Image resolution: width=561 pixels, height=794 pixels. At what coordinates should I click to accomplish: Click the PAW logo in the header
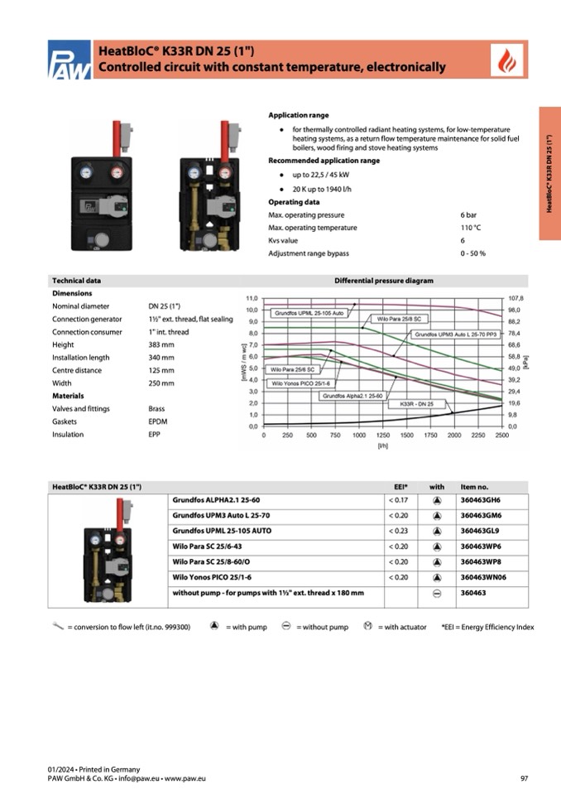tap(69, 60)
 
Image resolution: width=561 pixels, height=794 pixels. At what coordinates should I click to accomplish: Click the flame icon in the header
tap(502, 60)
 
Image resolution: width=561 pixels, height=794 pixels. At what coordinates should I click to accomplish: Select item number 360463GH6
tap(481, 500)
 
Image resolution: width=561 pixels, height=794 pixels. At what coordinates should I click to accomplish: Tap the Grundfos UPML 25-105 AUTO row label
tap(222, 531)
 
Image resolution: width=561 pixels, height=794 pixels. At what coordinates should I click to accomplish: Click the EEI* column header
tap(400, 486)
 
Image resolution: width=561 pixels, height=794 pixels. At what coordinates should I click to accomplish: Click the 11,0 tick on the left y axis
tap(253, 297)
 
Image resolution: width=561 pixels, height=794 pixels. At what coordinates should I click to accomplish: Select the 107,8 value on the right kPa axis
tap(515, 297)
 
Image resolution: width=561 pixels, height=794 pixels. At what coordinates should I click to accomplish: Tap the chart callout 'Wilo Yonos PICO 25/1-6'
tap(300, 384)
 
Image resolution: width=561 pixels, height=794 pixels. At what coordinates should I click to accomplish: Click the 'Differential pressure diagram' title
tap(383, 281)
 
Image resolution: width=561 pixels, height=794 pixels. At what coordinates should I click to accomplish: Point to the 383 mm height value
tap(161, 344)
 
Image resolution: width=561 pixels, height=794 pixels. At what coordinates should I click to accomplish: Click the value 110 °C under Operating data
tap(472, 228)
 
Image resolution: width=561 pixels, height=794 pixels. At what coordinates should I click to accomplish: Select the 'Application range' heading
tap(299, 115)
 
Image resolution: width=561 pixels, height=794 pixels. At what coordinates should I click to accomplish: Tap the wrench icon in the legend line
tap(57, 626)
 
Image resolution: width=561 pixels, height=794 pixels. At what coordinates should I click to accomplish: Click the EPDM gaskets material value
tap(159, 421)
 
